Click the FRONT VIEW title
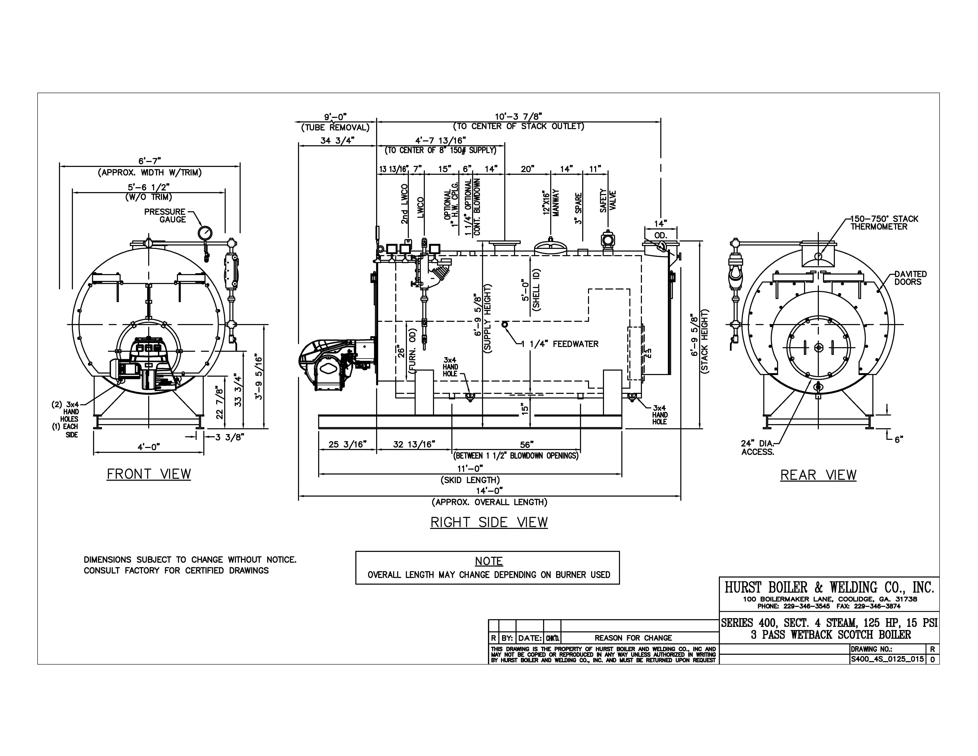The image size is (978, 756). coord(149,474)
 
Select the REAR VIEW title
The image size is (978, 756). coord(818,475)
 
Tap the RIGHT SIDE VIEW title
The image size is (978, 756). coord(489,522)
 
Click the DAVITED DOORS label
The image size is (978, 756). coord(910,278)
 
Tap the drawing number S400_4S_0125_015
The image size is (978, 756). coord(887,659)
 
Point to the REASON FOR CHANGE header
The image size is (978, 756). coord(633,638)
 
